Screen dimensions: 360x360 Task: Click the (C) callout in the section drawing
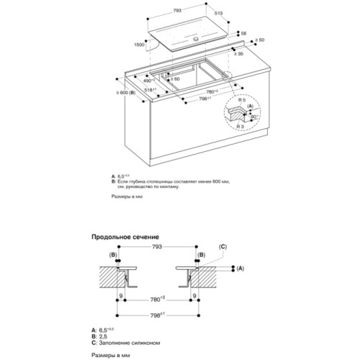222,246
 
